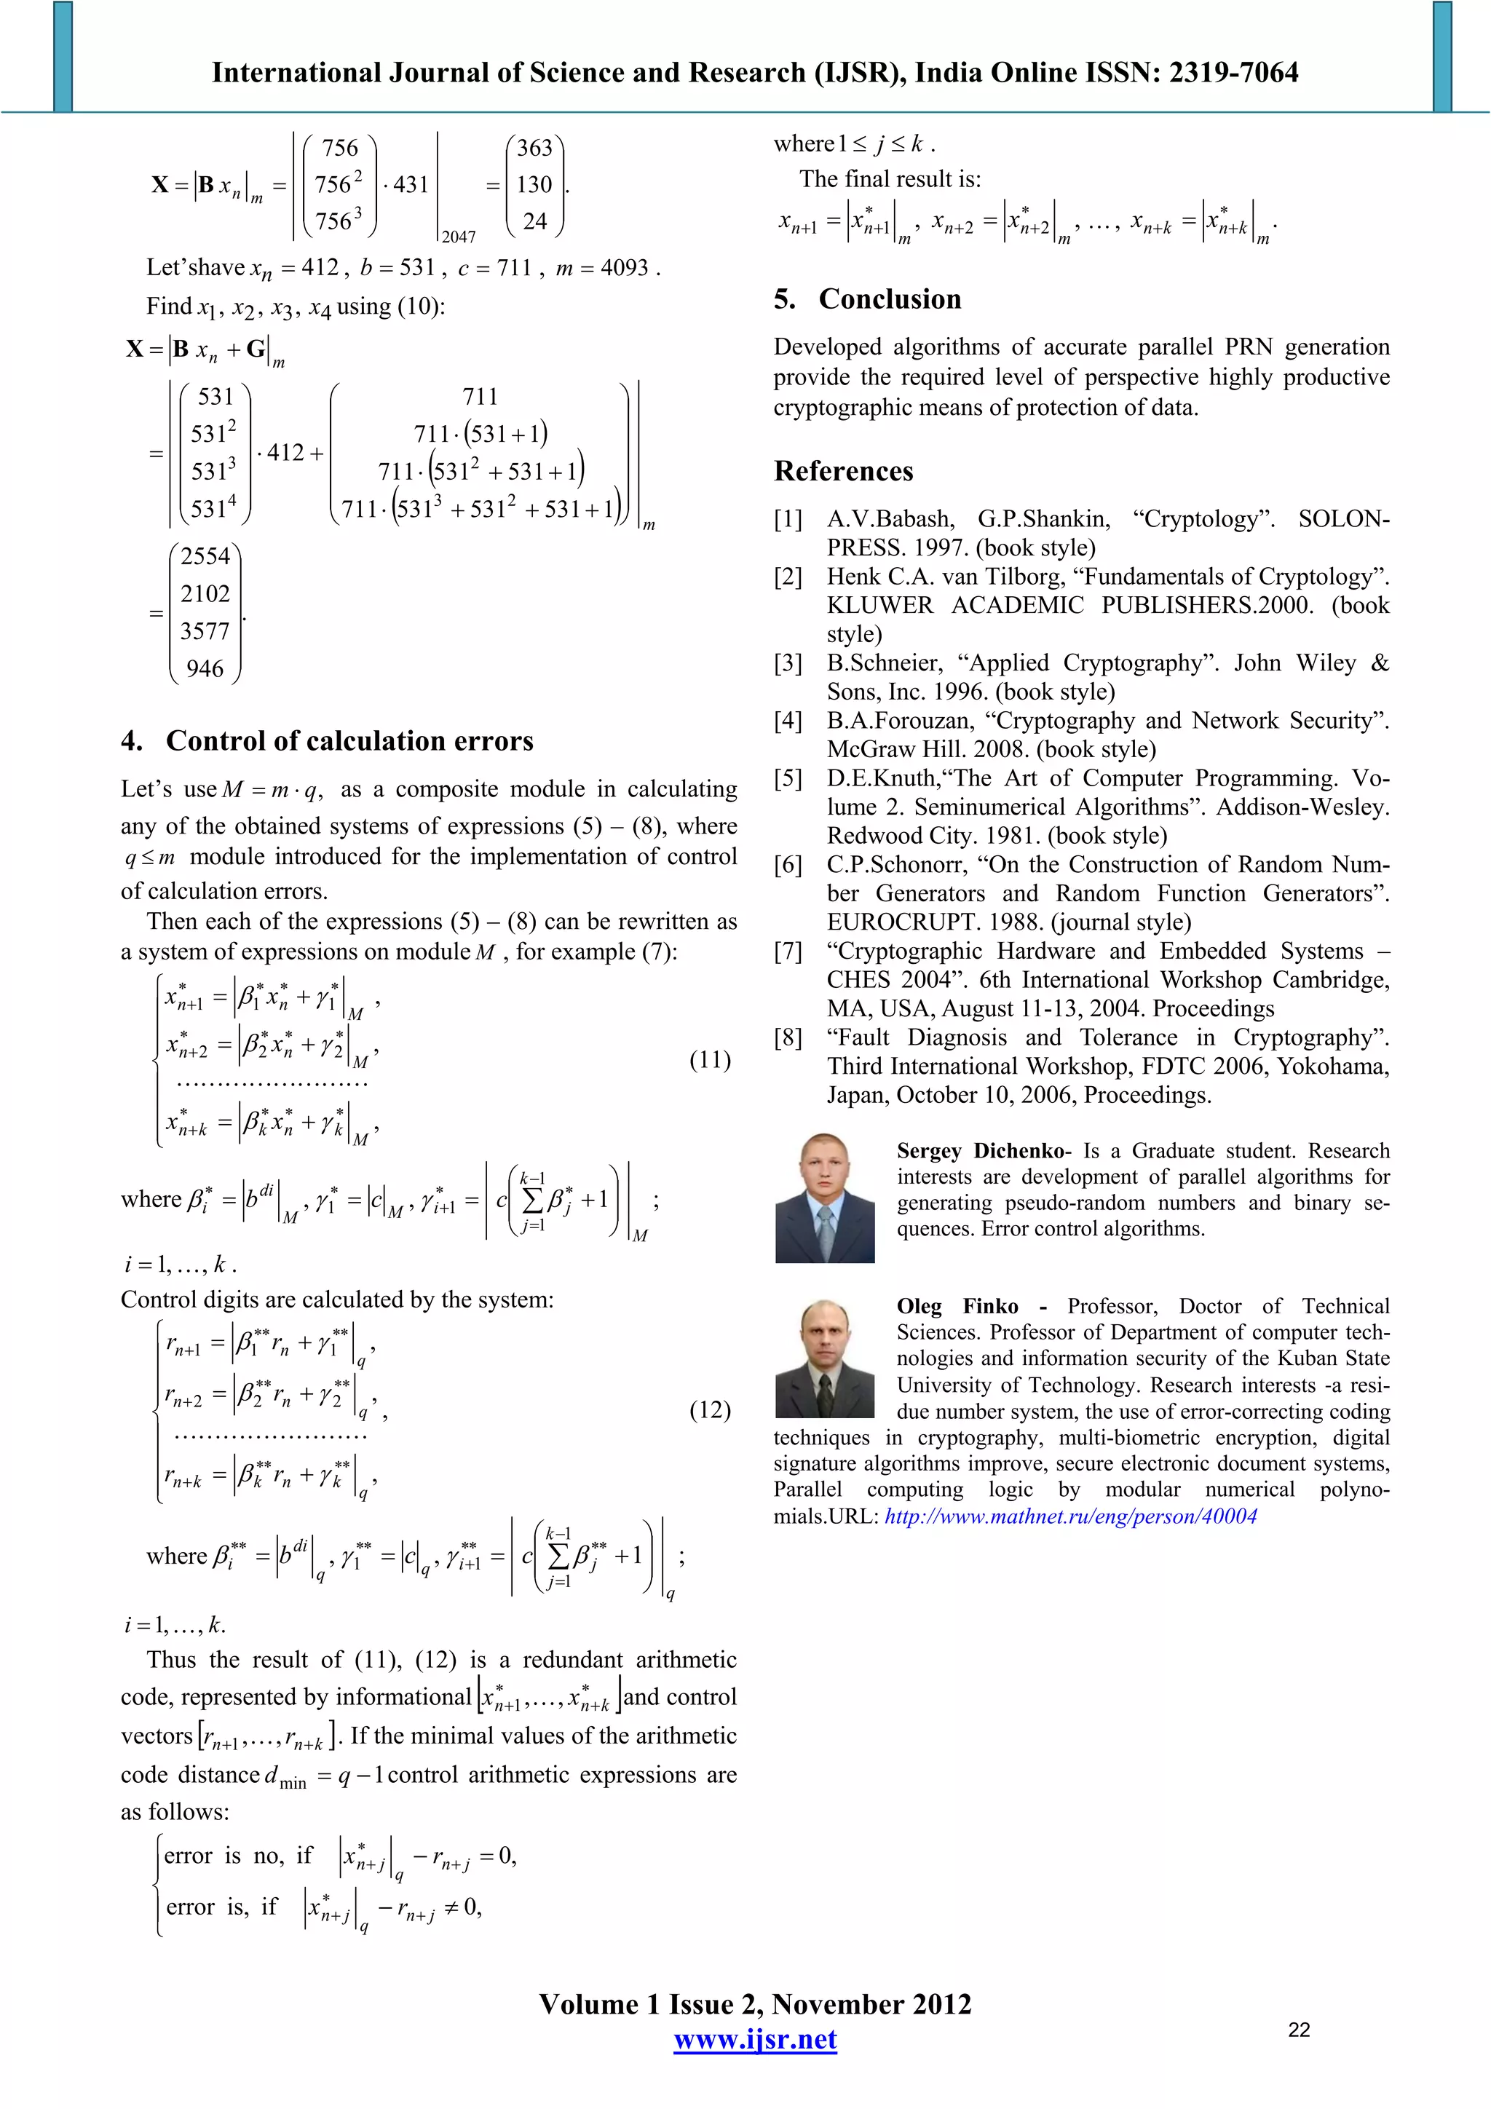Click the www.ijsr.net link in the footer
[x=755, y=2040]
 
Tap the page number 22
[x=1299, y=2030]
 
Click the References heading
[x=843, y=471]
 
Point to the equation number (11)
[x=709, y=1060]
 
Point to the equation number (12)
[x=709, y=1410]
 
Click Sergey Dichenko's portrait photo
[x=824, y=1198]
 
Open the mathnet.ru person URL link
[x=1070, y=1516]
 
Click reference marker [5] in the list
[x=788, y=779]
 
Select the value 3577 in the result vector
[x=205, y=631]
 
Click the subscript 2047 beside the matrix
[x=459, y=237]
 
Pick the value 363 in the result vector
[x=534, y=148]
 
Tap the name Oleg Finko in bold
[x=957, y=1306]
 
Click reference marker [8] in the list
[x=788, y=1038]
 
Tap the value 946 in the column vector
[x=205, y=669]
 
